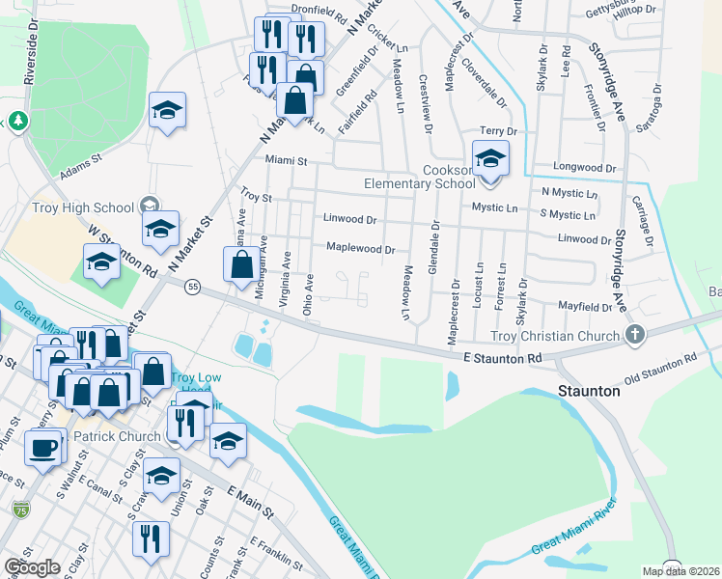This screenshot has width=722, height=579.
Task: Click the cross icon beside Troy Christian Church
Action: (634, 335)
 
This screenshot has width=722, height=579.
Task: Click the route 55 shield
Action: (193, 288)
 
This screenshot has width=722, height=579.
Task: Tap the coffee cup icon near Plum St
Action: (43, 448)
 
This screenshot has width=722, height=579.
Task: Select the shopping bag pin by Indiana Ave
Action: (242, 264)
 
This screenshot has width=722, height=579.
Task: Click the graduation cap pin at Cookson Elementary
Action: (490, 158)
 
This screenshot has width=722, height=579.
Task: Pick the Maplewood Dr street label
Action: (360, 249)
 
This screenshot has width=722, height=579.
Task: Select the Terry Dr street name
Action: (499, 131)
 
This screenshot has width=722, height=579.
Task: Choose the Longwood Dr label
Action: (585, 167)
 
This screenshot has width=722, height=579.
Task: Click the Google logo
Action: (31, 566)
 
